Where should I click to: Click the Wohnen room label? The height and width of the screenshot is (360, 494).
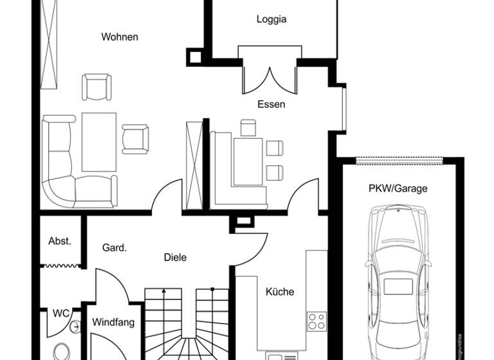click(x=120, y=37)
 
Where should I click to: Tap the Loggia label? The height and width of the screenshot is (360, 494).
click(x=271, y=19)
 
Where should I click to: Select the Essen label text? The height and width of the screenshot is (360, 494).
click(x=271, y=104)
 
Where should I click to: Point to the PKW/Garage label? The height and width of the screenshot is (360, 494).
click(x=398, y=188)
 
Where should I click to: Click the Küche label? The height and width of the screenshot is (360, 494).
click(x=280, y=292)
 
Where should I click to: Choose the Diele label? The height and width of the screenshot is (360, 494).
click(x=175, y=257)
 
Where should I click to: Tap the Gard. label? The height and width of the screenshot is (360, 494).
click(x=114, y=247)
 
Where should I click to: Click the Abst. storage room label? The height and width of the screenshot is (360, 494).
click(x=60, y=241)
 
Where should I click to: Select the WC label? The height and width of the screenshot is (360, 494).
click(x=61, y=314)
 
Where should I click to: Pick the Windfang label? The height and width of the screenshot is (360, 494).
click(x=113, y=321)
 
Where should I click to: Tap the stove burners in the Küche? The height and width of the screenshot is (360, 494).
click(x=316, y=321)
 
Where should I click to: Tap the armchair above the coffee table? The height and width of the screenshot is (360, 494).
click(x=96, y=87)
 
